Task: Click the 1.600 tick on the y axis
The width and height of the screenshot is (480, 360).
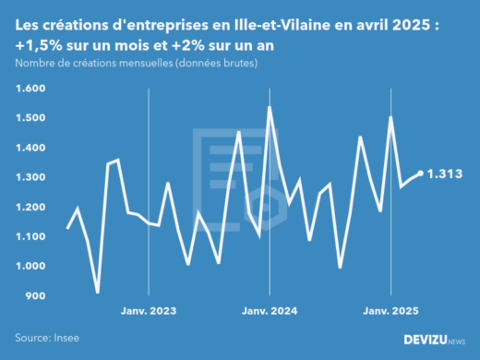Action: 30,89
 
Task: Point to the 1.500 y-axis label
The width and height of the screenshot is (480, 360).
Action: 30,118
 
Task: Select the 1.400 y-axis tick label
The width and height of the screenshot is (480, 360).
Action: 30,148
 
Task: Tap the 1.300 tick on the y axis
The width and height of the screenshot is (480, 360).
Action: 30,177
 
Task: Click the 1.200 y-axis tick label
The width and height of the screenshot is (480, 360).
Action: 30,207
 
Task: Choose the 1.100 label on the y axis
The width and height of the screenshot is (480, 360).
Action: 30,236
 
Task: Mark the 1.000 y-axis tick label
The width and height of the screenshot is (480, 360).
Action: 30,266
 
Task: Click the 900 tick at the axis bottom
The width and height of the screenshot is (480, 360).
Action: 34,295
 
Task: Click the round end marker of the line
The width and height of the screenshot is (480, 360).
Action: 421,173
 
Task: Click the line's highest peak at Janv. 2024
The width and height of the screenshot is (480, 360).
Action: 269,107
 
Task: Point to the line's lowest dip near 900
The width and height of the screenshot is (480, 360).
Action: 98,293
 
